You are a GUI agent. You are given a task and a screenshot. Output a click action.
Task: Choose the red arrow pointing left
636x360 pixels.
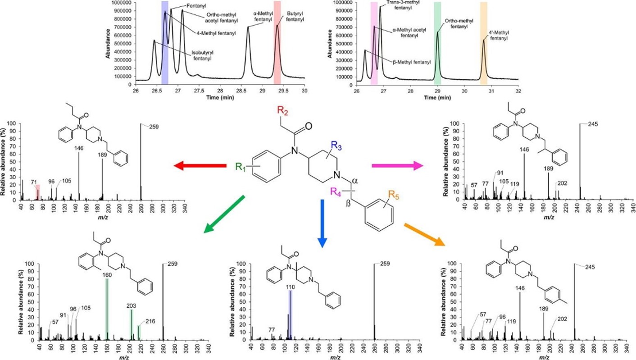point(200,166)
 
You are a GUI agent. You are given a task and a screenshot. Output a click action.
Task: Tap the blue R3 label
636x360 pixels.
point(338,145)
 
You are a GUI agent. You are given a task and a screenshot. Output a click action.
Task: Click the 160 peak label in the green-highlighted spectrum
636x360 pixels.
point(107,274)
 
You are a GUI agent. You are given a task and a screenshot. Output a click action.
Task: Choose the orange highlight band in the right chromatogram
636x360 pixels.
point(483,43)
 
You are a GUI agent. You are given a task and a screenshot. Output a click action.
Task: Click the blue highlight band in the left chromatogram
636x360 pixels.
point(165,43)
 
